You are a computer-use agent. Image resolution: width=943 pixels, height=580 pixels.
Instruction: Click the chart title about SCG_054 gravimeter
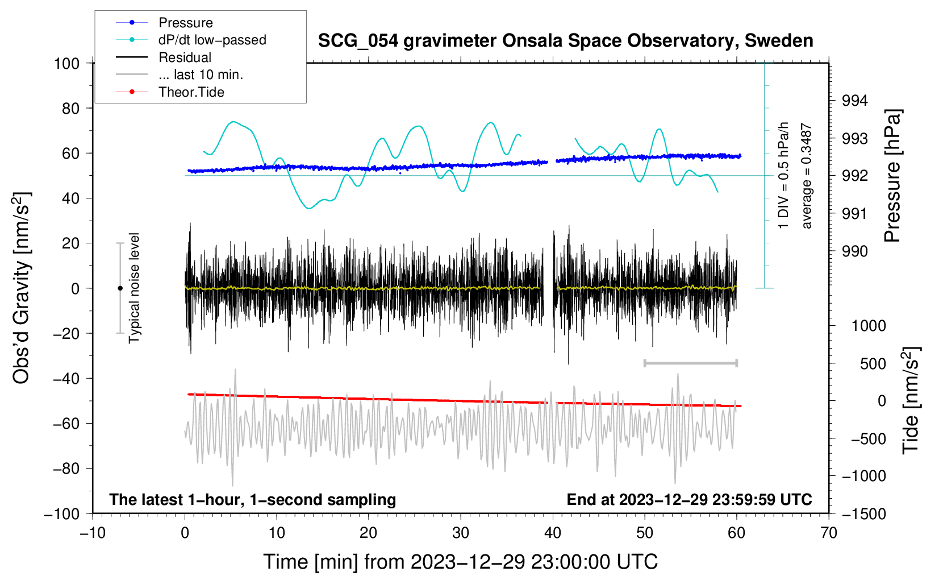pos(565,41)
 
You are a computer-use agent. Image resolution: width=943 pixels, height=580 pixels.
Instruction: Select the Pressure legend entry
pos(185,23)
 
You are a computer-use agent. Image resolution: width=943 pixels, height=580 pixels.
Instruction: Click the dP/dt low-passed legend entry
pos(212,40)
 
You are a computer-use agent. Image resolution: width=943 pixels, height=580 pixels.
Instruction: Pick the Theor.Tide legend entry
pos(191,92)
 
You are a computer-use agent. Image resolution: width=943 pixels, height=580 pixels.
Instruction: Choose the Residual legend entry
pos(185,57)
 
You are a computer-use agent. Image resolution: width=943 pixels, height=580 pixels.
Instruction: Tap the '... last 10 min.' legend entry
pos(201,74)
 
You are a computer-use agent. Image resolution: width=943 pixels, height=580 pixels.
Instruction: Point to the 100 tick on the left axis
pos(66,63)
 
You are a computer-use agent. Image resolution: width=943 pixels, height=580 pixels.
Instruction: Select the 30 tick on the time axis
pos(461,533)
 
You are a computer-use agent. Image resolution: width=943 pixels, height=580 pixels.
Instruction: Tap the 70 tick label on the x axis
pos(829,533)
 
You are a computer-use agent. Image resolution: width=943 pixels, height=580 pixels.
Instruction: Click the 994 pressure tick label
pos(855,101)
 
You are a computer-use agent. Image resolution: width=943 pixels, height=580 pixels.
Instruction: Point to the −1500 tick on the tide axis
pos(863,513)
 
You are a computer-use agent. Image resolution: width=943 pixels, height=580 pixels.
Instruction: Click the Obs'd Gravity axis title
pos(22,288)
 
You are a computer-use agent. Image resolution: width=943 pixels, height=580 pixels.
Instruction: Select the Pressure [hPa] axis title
pos(893,176)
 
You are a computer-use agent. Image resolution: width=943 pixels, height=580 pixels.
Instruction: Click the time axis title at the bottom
pos(460,562)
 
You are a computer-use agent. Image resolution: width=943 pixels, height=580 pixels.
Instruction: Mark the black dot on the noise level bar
pos(120,288)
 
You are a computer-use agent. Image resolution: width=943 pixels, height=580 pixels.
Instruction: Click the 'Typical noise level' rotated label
pos(134,288)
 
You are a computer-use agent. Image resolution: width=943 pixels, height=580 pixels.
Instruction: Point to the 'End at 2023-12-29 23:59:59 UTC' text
pos(689,499)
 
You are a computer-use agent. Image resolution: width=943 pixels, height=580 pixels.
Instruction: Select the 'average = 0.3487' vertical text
pos(807,176)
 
